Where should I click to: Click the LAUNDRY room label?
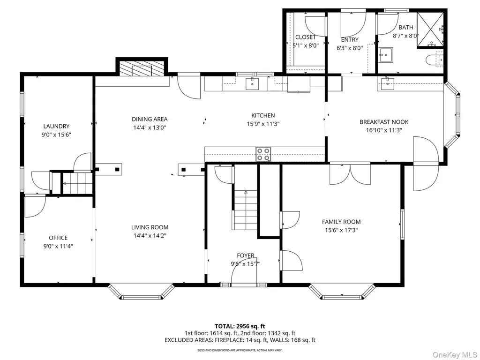click(x=56, y=126)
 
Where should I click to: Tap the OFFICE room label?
click(x=58, y=238)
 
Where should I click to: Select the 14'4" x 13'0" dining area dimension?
click(x=150, y=127)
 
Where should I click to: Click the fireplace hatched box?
click(x=142, y=68)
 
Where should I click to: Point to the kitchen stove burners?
click(x=263, y=154)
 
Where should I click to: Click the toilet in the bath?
click(x=435, y=59)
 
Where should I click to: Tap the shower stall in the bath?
click(x=430, y=30)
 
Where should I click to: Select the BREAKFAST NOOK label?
click(x=384, y=122)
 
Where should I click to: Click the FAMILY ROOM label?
click(x=341, y=222)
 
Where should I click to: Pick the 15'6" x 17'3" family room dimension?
click(x=341, y=230)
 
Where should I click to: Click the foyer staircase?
click(x=246, y=210)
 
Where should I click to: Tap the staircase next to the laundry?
click(x=77, y=183)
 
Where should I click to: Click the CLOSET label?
click(x=306, y=37)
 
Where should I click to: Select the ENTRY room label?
click(x=350, y=39)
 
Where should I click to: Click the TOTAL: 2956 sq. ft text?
click(x=240, y=326)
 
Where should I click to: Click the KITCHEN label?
click(x=263, y=115)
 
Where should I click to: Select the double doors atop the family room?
click(x=350, y=174)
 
